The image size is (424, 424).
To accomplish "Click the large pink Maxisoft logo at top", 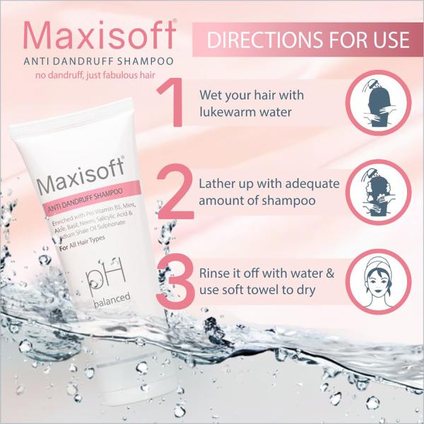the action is [100, 35].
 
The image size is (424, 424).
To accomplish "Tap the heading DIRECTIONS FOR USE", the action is [308, 40].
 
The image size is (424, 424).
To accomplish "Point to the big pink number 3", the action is [175, 281].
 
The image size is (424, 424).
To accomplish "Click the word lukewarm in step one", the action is [228, 112].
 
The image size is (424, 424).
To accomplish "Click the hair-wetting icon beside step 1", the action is [378, 103].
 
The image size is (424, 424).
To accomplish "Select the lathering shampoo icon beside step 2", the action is [378, 192].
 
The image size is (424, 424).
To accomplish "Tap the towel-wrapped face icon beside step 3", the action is [378, 281].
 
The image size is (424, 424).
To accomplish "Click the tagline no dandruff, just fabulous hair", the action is [95, 75].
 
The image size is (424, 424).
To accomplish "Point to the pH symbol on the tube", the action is [106, 275].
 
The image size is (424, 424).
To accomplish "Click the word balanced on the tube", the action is [112, 300].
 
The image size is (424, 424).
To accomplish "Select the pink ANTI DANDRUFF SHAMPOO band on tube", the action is [92, 198].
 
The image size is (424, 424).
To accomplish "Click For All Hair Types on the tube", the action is [82, 243].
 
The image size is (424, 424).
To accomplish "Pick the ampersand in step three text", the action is [330, 273].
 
